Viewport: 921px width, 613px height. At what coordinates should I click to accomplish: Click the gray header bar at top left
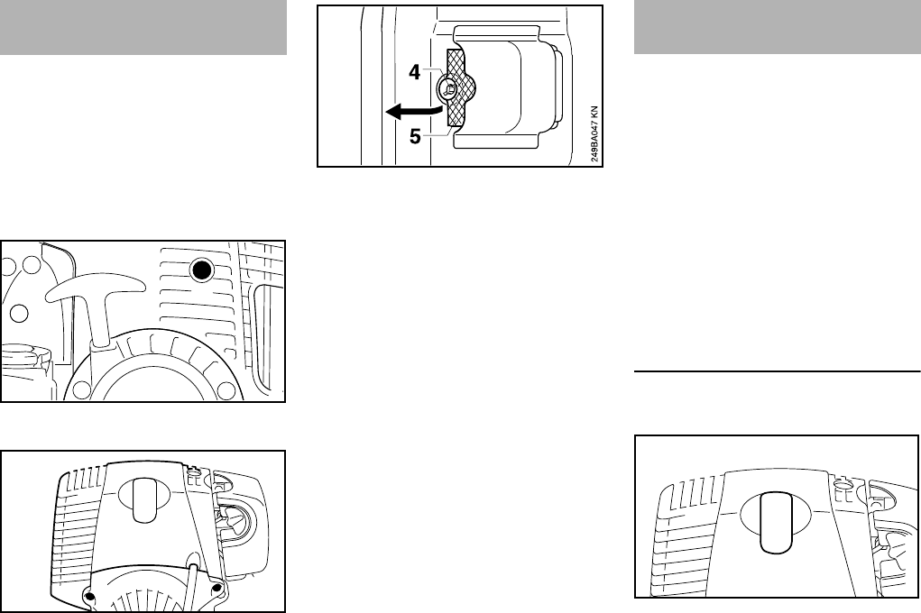pos(143,27)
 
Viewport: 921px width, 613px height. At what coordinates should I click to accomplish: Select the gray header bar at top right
pos(778,27)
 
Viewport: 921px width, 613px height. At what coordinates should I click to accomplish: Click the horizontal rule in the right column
pos(778,370)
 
